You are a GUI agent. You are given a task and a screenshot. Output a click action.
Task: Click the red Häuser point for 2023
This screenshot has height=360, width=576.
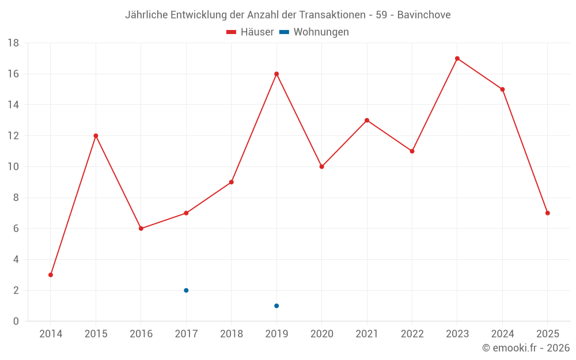click(457, 58)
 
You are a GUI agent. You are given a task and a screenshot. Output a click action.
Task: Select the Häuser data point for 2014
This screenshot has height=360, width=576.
click(51, 275)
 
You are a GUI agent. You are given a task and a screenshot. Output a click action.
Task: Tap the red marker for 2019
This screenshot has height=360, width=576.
click(276, 74)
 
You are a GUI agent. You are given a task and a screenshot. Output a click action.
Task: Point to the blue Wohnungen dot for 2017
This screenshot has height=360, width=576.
click(186, 290)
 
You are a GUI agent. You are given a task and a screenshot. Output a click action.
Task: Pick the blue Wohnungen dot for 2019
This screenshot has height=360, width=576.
click(276, 306)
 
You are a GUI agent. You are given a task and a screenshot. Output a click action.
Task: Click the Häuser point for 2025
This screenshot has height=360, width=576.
click(548, 213)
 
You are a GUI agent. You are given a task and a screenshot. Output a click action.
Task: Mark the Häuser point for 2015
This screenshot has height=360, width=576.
click(96, 136)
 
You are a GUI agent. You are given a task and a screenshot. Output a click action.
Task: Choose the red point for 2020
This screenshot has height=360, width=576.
click(322, 166)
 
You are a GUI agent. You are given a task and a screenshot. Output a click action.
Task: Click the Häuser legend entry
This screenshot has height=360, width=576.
click(250, 32)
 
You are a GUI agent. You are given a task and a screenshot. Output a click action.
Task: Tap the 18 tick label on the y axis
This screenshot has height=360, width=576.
click(13, 43)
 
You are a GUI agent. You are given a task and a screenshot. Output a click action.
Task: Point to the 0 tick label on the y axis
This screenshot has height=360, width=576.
click(16, 321)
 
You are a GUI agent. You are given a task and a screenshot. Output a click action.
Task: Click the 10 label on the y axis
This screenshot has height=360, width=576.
click(13, 167)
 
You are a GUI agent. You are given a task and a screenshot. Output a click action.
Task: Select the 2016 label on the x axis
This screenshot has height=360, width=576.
click(141, 334)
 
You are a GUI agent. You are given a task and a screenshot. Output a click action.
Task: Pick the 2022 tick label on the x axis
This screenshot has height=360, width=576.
click(412, 334)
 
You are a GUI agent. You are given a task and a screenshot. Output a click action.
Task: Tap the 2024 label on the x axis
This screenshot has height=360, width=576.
click(503, 334)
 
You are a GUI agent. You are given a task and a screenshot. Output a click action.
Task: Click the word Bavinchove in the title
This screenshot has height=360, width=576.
click(424, 15)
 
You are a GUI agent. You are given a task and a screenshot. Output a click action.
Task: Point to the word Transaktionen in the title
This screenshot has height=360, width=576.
click(332, 15)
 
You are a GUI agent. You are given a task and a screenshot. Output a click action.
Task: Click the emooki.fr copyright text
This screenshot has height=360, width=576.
click(526, 348)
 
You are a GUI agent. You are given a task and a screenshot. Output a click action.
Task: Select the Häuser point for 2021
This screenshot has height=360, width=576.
click(367, 120)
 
